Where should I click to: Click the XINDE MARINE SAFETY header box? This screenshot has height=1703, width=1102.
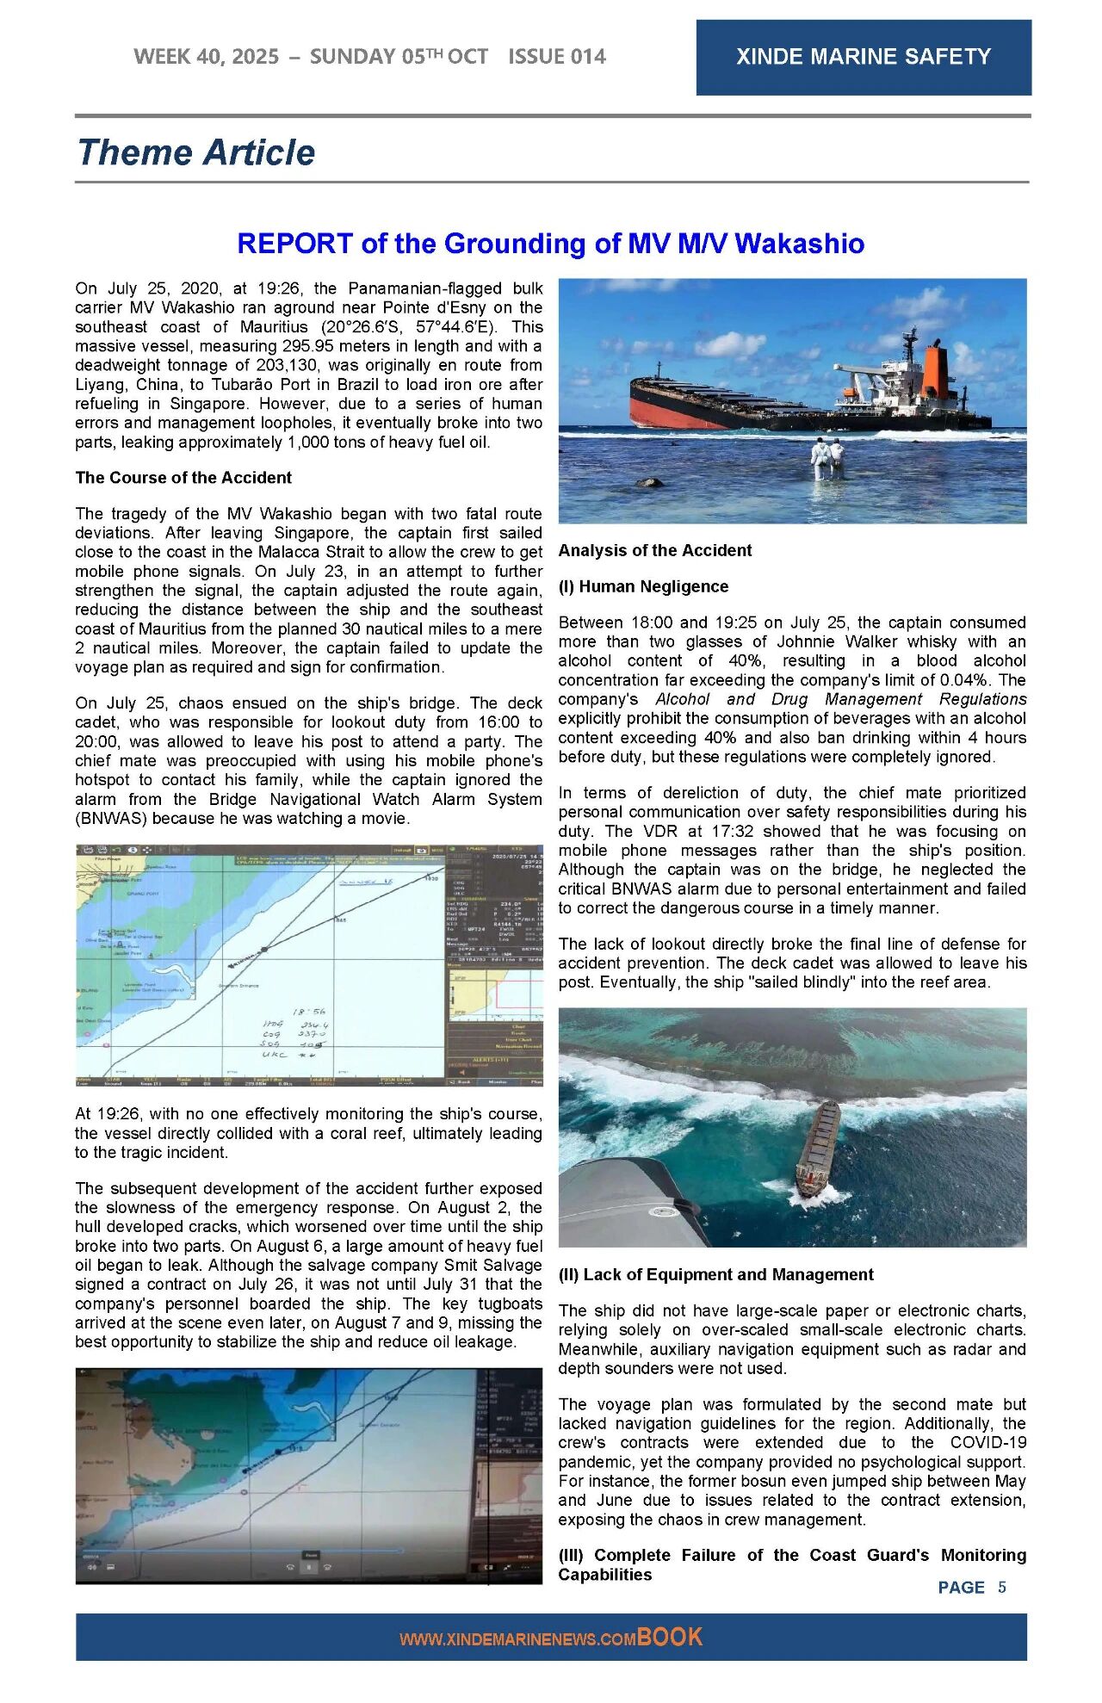tap(863, 57)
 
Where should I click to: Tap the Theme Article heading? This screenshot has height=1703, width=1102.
tap(196, 152)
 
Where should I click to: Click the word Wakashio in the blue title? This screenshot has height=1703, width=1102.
tap(800, 244)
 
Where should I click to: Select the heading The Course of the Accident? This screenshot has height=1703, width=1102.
tap(183, 478)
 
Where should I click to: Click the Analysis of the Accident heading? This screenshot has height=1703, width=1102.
tap(654, 550)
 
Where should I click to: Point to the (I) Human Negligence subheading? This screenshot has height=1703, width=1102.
tap(643, 586)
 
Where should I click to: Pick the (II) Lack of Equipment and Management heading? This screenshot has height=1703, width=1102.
tap(715, 1274)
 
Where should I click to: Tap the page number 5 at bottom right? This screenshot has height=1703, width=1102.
tap(1001, 1587)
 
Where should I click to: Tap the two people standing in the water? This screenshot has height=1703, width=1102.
tap(826, 458)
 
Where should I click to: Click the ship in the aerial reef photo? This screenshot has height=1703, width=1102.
tap(818, 1147)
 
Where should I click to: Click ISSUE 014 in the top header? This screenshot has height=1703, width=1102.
tap(556, 57)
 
